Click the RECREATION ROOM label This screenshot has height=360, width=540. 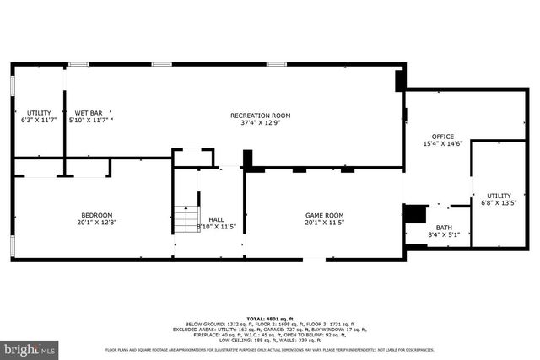click(260, 115)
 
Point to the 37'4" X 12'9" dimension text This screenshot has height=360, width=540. click(260, 122)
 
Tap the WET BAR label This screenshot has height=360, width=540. click(89, 112)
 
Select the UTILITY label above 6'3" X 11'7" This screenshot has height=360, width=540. click(38, 112)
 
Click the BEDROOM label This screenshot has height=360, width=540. click(96, 215)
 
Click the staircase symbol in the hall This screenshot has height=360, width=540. click(186, 220)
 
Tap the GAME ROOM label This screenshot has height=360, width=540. click(324, 215)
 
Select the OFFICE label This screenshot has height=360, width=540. click(443, 137)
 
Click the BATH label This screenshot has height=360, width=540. click(443, 228)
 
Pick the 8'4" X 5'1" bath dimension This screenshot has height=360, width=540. click(443, 236)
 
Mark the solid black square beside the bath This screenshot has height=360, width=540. click(414, 214)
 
